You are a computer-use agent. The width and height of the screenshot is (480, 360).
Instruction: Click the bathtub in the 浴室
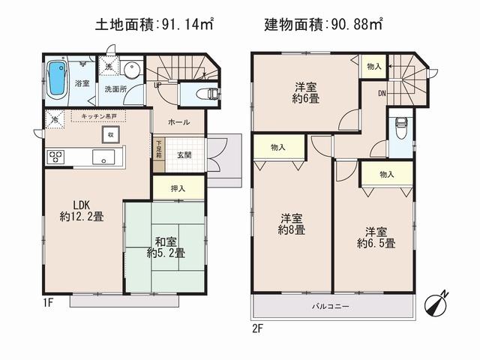coord(58,79)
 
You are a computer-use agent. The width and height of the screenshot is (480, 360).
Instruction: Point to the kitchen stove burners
coord(57,157)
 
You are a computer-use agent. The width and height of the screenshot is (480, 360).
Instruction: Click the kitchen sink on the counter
coord(103,157)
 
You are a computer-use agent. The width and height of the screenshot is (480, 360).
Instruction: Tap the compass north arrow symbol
coord(435,304)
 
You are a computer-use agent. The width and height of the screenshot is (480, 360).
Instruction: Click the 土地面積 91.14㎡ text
coord(154,25)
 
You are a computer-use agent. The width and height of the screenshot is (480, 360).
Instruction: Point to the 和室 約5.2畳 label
coord(166,247)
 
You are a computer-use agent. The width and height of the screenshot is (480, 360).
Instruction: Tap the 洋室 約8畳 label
coord(292,224)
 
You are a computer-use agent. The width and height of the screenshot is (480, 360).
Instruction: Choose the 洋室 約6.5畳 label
coord(376,237)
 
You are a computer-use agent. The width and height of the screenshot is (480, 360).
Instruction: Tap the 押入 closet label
coord(178,188)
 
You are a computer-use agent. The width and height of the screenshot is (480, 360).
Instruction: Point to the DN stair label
coord(382,94)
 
